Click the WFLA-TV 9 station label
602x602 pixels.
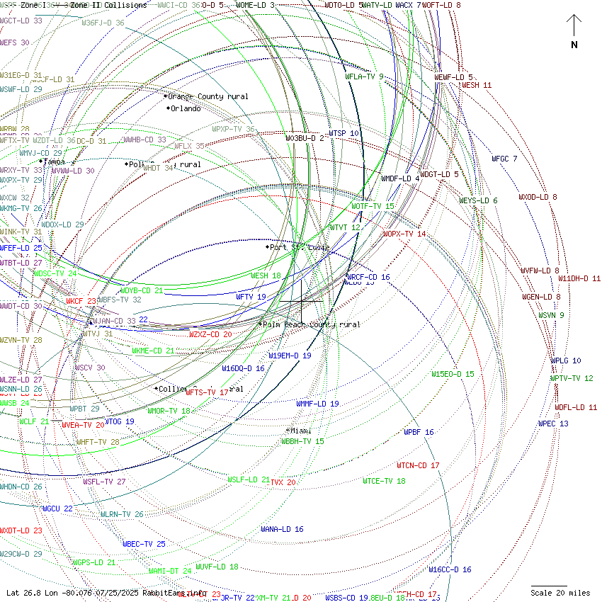pos(364,76)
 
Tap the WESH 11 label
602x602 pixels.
pos(477,85)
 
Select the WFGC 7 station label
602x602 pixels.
pos(504,159)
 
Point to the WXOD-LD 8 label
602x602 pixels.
pos(538,197)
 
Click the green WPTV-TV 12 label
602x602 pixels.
pos(572,378)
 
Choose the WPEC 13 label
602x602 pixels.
pos(553,424)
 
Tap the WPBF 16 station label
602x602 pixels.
pos(419,432)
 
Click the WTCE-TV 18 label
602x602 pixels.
pos(384,481)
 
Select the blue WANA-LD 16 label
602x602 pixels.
pos(282,529)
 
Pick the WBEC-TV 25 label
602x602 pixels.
pos(144,544)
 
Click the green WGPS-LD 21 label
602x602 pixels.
pos(94,562)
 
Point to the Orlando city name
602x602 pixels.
pos(186,108)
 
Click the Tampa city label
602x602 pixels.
pos(54,161)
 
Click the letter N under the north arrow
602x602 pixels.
pos(574,45)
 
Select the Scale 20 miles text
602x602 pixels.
pos(560,593)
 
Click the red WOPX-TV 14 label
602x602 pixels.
pos(404,234)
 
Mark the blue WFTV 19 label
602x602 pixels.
pos(251,297)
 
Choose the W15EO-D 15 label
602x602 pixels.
pos(453,374)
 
